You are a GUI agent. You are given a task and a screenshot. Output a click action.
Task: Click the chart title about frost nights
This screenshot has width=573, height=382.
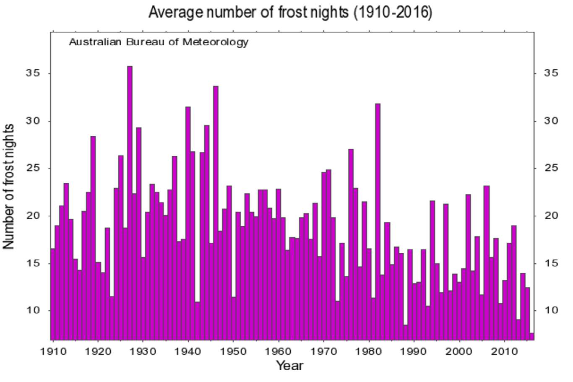pyautogui.click(x=290, y=13)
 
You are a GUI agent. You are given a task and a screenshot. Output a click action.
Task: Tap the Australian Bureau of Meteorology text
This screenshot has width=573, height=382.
pyautogui.click(x=159, y=42)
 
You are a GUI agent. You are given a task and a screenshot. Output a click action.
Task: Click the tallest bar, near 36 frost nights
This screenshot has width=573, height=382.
pyautogui.click(x=130, y=201)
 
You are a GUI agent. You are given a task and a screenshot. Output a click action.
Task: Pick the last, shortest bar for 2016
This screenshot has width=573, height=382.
pyautogui.click(x=531, y=336)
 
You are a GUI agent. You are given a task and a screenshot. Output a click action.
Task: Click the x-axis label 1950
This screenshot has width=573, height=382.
pyautogui.click(x=233, y=351)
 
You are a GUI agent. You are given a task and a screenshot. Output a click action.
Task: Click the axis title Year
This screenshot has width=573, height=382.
pyautogui.click(x=289, y=366)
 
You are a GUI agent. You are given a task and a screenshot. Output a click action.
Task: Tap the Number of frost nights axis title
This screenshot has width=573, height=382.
pyautogui.click(x=9, y=187)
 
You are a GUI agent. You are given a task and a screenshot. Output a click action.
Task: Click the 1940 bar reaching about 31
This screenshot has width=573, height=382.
pyautogui.click(x=188, y=222)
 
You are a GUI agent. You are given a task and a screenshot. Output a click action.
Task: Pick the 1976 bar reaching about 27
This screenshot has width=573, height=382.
pyautogui.click(x=351, y=243)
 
